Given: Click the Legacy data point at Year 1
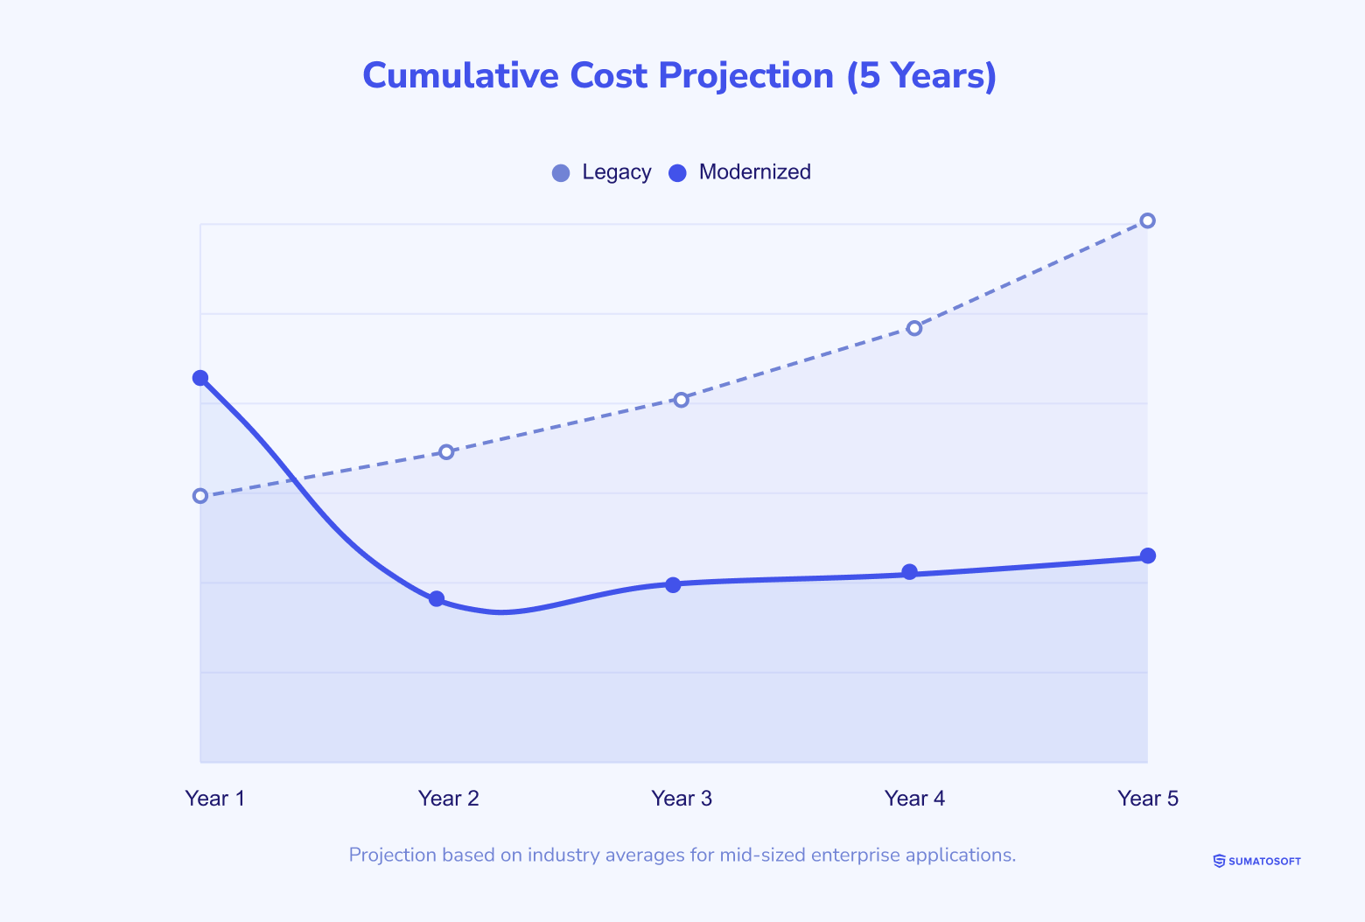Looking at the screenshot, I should tap(200, 496).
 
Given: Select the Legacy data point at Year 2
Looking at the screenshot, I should tap(446, 452).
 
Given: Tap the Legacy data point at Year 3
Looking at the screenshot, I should tap(681, 400).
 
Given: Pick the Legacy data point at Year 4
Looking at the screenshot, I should tap(914, 328).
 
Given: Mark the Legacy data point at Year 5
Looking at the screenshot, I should tap(1148, 220).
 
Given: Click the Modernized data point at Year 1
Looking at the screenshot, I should tap(200, 378).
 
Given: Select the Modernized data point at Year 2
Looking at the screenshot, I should tap(437, 599).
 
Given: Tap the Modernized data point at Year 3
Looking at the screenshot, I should tap(673, 584).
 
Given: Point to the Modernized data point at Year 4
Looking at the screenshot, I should tap(910, 572).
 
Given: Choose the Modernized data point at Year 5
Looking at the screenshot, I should tap(1148, 555).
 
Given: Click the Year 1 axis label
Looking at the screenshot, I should tap(215, 799).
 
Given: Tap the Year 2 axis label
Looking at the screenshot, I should tap(448, 799).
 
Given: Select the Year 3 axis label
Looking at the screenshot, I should tap(682, 799).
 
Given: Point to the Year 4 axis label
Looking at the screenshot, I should tap(914, 799).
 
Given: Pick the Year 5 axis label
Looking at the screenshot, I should tap(1148, 799).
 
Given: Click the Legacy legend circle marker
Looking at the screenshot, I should tap(561, 173).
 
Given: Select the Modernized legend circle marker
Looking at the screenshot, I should tap(678, 173).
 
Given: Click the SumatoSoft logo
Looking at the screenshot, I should tap(1256, 862).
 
